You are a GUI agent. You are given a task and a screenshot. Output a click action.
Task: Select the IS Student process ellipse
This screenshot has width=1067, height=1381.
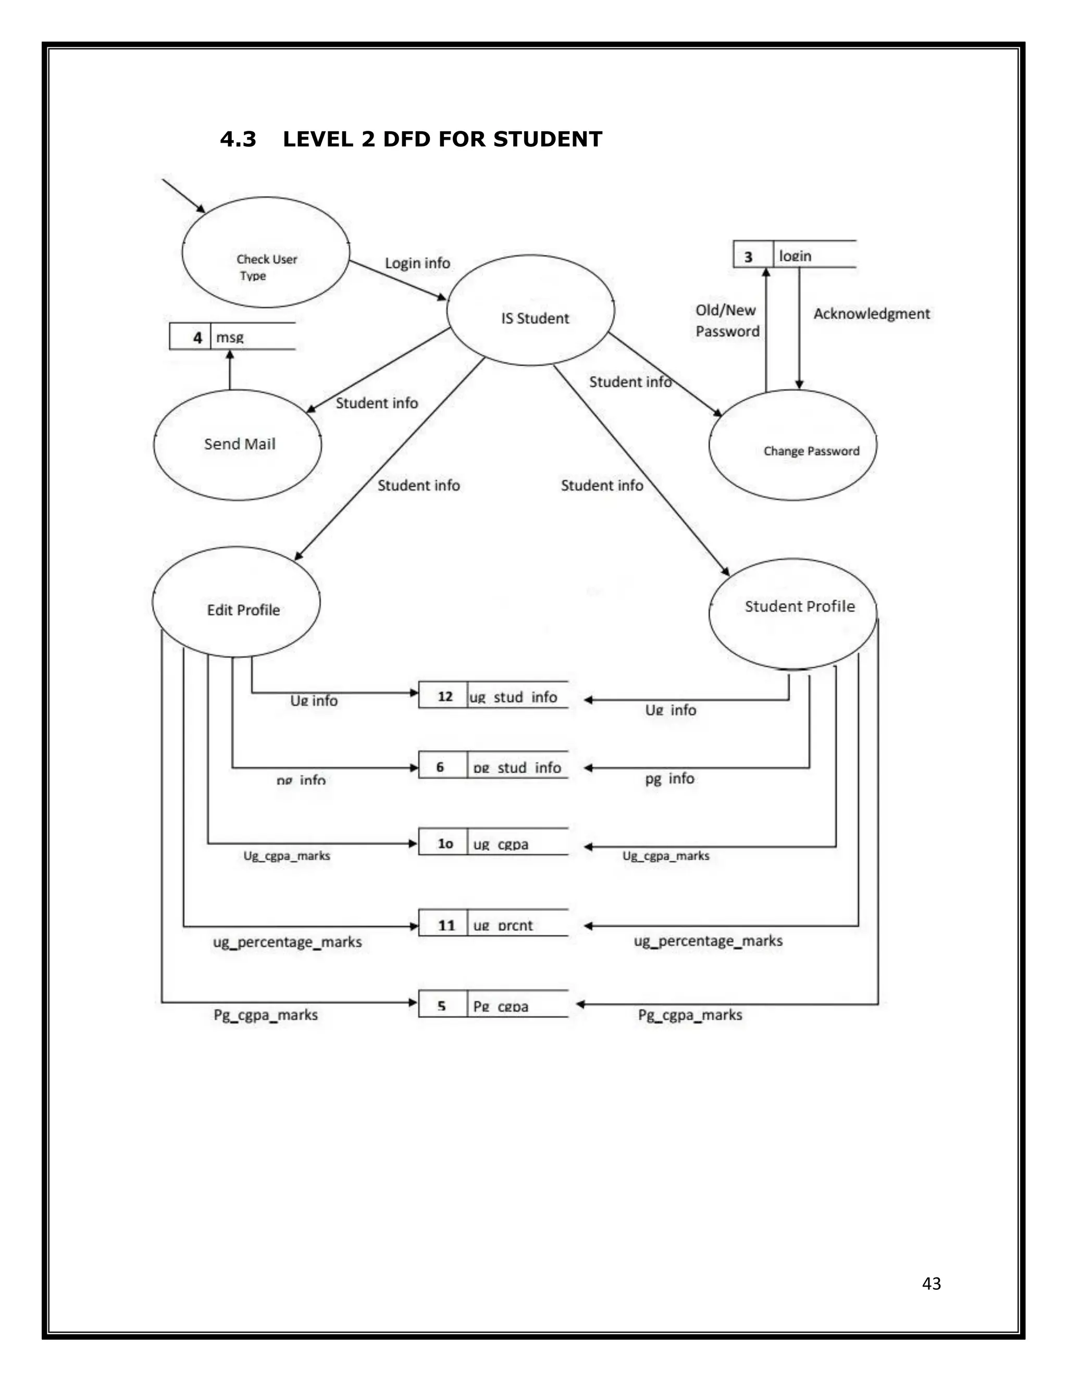point(530,310)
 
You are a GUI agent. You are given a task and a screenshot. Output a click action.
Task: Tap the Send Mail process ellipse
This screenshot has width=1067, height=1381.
point(238,445)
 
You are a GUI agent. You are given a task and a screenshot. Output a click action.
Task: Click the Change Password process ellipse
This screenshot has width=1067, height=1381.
point(792,445)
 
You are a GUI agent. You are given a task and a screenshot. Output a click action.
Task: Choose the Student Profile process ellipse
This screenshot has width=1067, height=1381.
point(792,613)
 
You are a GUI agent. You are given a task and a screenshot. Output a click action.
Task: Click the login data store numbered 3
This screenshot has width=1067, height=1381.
point(795,254)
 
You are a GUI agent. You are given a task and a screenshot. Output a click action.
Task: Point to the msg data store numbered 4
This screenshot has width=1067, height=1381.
point(232,337)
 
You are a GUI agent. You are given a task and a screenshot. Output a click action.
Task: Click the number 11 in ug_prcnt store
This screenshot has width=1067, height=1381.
point(446,925)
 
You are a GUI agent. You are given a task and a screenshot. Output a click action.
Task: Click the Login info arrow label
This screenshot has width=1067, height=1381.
point(418,263)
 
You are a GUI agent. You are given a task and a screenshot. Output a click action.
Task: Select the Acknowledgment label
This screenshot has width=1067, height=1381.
point(871,314)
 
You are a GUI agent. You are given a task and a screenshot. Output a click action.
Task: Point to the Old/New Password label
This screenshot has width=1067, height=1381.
point(727,320)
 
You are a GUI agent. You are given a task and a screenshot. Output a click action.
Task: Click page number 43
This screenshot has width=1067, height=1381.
point(931,1283)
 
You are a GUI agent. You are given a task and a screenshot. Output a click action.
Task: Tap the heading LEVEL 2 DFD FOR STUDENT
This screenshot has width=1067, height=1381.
point(442,139)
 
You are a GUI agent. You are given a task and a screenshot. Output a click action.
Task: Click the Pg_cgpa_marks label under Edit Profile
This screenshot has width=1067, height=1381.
point(266,1015)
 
